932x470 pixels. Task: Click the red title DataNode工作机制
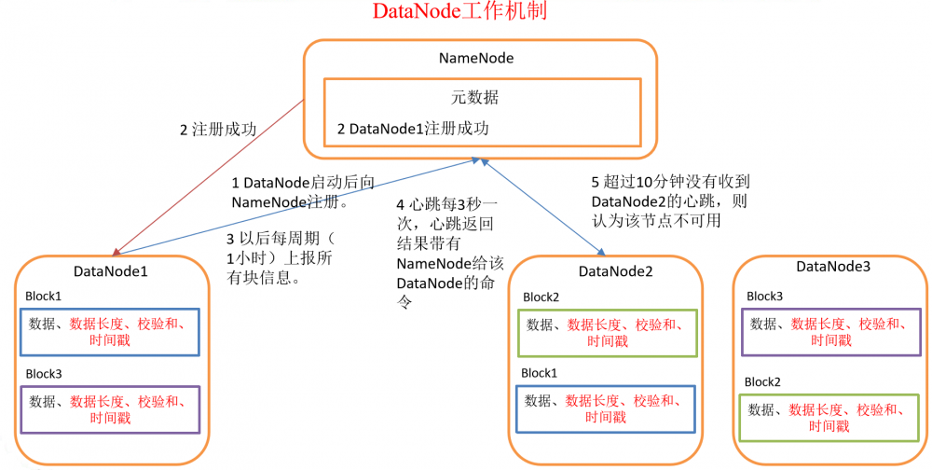[x=459, y=12]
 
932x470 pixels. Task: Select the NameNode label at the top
[x=476, y=58]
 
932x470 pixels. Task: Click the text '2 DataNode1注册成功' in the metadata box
[x=413, y=129]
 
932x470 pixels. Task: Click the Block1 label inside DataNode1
[x=43, y=296]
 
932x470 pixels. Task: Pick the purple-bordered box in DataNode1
[x=110, y=409]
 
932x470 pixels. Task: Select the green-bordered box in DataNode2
[x=607, y=333]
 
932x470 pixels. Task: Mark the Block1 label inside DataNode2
[x=539, y=372]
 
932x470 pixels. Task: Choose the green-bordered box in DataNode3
[x=829, y=417]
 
